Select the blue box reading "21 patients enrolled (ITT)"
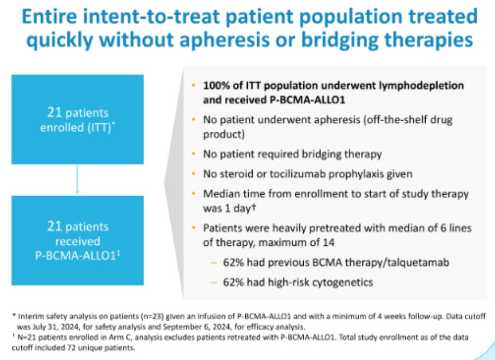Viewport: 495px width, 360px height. [x=77, y=121]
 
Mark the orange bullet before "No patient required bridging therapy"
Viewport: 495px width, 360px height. [x=193, y=154]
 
